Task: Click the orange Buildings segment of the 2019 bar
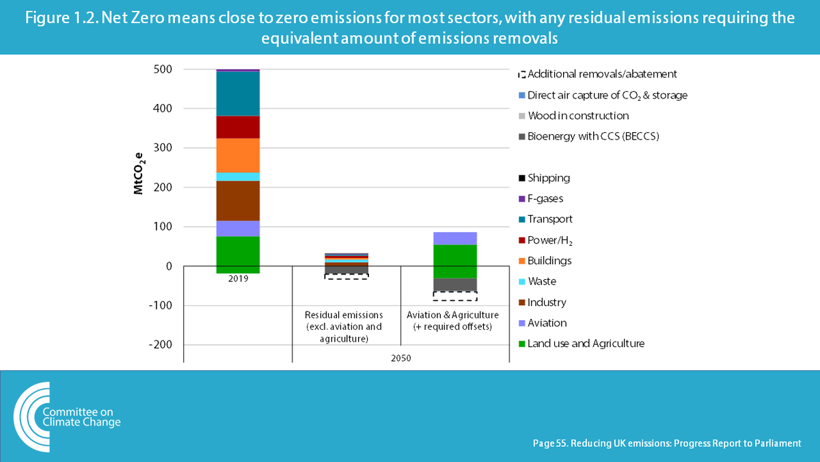tap(238, 155)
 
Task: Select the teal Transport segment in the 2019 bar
tap(238, 94)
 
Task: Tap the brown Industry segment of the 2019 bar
tap(238, 201)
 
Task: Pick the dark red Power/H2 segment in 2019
tap(238, 127)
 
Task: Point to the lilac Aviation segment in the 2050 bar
tap(454, 238)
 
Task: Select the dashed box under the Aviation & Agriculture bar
tap(454, 296)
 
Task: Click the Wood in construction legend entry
tap(577, 116)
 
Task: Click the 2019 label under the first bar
tap(238, 279)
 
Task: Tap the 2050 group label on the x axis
tap(400, 357)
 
